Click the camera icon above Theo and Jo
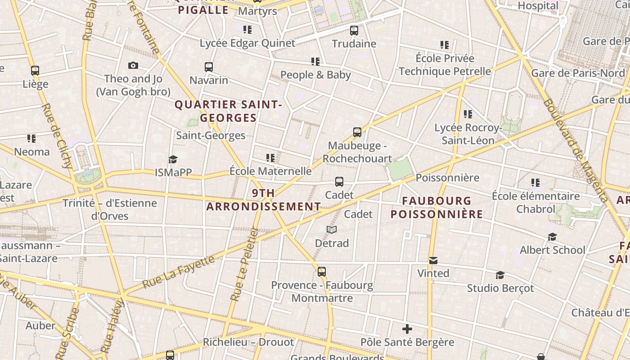tap(133, 66)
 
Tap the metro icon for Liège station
tap(35, 71)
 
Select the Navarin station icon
tap(208, 67)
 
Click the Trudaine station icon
tap(354, 31)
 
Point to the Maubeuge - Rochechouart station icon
tap(357, 132)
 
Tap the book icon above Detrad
tap(332, 230)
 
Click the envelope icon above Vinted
tap(433, 260)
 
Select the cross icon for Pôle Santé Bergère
tap(407, 329)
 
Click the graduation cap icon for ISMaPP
tap(173, 159)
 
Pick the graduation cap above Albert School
tap(552, 237)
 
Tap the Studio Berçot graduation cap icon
tap(500, 275)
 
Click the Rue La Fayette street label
tap(178, 272)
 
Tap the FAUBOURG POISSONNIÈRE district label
tap(436, 207)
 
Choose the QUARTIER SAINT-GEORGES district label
tap(228, 111)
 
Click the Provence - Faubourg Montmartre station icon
tap(321, 272)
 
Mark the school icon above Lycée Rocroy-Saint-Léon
tap(468, 114)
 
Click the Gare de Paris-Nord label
tap(578, 73)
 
